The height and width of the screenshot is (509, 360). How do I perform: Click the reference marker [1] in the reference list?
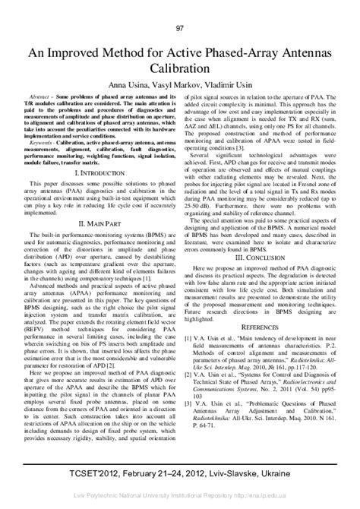click(187, 384)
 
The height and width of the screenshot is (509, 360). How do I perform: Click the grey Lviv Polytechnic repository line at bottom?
click(180, 502)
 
